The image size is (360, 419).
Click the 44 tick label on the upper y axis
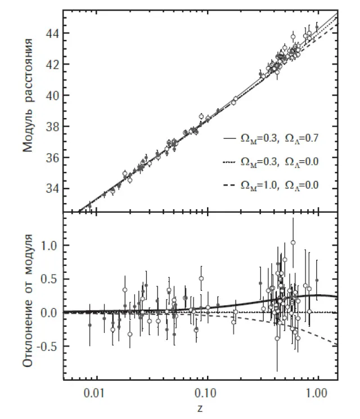51,33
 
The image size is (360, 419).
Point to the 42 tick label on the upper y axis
51,65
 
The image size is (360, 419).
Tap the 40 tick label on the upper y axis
51,96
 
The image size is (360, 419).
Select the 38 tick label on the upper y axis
51,127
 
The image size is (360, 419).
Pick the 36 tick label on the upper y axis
51,157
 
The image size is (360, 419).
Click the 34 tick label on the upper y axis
51,188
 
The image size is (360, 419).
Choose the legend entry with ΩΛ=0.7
272,137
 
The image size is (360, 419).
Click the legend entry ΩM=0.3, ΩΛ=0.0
272,161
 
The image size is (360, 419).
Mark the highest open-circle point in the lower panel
293,242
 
